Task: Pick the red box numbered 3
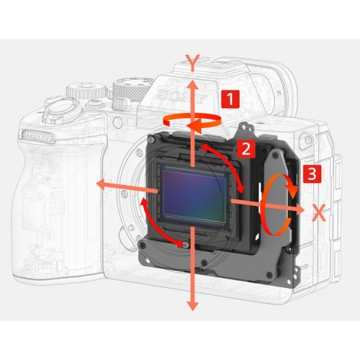click(311, 174)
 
